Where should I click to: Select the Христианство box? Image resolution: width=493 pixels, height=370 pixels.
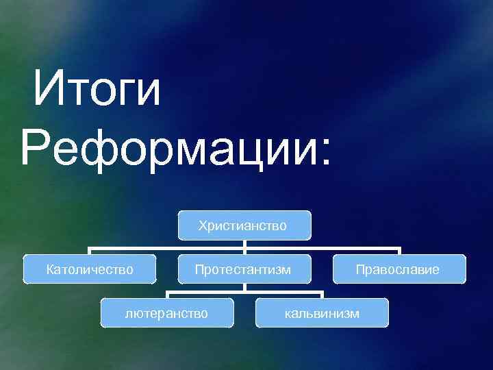click(x=243, y=225)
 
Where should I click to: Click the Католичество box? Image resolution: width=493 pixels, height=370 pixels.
click(x=90, y=269)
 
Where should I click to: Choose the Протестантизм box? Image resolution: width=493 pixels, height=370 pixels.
click(x=243, y=269)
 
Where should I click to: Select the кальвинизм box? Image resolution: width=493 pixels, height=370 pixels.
click(x=321, y=313)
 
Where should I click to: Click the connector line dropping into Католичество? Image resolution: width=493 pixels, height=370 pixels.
click(x=90, y=251)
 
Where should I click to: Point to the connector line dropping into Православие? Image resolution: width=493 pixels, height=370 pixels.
click(x=399, y=251)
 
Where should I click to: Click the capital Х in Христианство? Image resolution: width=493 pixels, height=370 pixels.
click(x=203, y=225)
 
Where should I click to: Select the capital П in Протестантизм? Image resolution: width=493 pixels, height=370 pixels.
click(x=199, y=269)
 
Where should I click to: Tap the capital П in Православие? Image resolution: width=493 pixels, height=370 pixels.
click(x=359, y=269)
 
